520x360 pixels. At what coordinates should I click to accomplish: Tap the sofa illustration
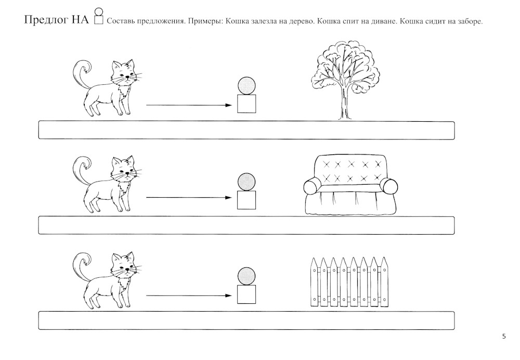click(x=350, y=185)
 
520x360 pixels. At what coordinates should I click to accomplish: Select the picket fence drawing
click(x=349, y=282)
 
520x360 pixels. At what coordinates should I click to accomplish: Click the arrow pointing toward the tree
click(x=189, y=105)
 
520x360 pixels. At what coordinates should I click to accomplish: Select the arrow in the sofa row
click(x=189, y=197)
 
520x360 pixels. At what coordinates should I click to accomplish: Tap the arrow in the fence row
click(x=189, y=295)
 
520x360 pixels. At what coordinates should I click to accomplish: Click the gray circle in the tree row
click(x=246, y=86)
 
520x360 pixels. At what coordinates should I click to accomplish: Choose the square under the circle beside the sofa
click(x=246, y=200)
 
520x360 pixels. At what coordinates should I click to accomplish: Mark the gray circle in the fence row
click(x=246, y=276)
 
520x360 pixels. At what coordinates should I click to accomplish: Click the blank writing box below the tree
click(x=246, y=130)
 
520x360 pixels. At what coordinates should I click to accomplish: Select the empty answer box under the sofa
click(x=246, y=225)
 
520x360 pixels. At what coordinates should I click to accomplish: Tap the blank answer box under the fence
click(x=246, y=320)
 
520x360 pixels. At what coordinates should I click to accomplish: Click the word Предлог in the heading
click(x=46, y=20)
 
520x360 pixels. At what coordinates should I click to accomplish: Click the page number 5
click(x=504, y=337)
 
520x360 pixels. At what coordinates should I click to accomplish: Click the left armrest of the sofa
click(x=311, y=187)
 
